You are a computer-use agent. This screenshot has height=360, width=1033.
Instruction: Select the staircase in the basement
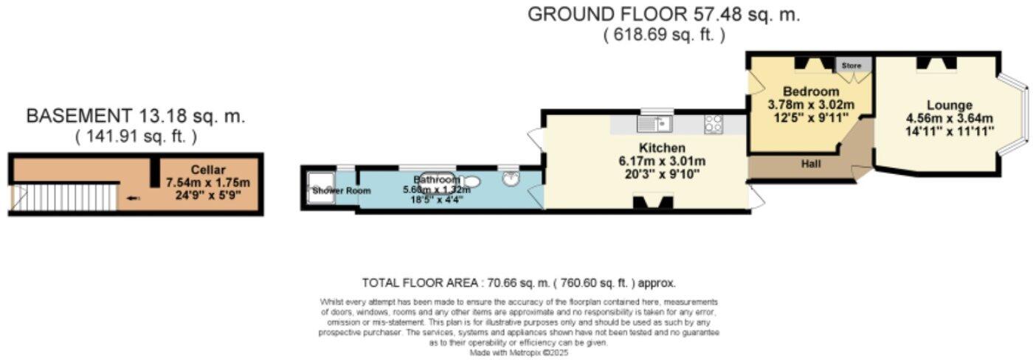click(66, 198)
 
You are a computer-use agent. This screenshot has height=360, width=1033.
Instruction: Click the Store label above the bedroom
click(852, 66)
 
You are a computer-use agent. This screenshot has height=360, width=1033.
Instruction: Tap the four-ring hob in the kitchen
click(714, 124)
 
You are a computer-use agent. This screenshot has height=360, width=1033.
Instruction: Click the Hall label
click(812, 165)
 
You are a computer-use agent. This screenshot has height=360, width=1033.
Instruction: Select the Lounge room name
click(950, 105)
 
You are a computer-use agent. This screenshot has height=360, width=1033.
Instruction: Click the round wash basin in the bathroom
click(510, 178)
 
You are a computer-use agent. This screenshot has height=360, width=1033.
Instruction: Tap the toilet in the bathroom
click(472, 181)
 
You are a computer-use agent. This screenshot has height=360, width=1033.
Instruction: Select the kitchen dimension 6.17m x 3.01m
click(652, 162)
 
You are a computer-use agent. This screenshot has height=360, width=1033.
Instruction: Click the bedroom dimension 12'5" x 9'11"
click(811, 117)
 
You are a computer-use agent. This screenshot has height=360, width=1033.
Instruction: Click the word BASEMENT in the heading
click(74, 116)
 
